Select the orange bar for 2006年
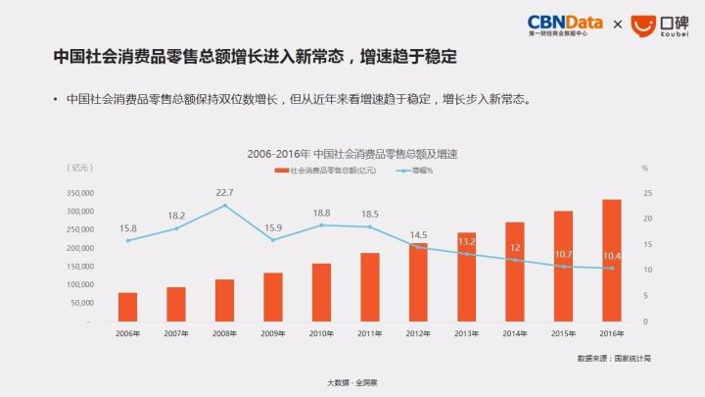[x=127, y=307]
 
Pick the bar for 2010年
[x=321, y=292]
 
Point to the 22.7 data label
[x=224, y=192]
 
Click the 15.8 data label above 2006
[x=127, y=228]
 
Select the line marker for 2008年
[x=224, y=205]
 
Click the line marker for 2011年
[x=369, y=226]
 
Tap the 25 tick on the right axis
[x=645, y=193]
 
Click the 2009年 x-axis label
[x=272, y=334]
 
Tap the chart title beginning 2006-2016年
[x=353, y=155]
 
